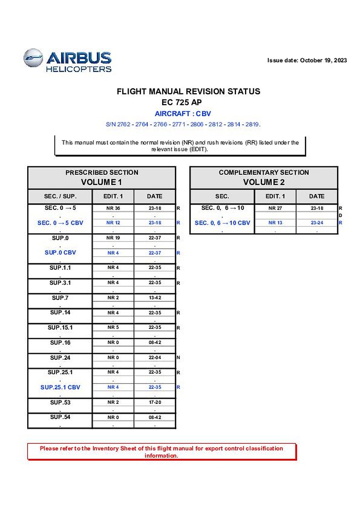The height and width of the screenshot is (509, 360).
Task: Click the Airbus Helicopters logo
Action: [x=67, y=61]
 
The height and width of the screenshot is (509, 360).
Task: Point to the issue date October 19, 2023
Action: [x=307, y=60]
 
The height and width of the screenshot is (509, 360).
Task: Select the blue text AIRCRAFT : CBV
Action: [x=183, y=114]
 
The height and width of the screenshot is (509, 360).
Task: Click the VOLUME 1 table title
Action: [x=101, y=182]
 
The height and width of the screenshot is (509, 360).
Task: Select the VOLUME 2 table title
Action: [x=264, y=182]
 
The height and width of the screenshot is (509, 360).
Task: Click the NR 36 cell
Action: [x=113, y=208]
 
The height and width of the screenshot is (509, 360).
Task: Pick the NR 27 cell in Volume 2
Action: [x=275, y=208]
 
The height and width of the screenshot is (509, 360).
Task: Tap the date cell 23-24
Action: [x=317, y=223]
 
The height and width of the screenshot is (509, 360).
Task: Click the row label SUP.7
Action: [x=60, y=298]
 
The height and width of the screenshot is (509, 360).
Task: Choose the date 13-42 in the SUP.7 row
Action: [x=155, y=298]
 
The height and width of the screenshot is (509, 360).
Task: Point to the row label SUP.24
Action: [x=60, y=358]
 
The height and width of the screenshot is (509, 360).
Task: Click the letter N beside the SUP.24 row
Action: [x=178, y=358]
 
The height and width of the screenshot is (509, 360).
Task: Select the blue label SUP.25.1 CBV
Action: [x=60, y=387]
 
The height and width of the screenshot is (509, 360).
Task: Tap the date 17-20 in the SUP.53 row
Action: [x=155, y=402]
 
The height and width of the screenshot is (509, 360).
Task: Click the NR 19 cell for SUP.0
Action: [x=113, y=238]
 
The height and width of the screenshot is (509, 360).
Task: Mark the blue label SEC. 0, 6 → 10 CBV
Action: [x=222, y=223]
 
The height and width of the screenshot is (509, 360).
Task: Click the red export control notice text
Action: [x=161, y=452]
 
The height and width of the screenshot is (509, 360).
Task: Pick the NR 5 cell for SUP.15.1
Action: [x=113, y=327]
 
